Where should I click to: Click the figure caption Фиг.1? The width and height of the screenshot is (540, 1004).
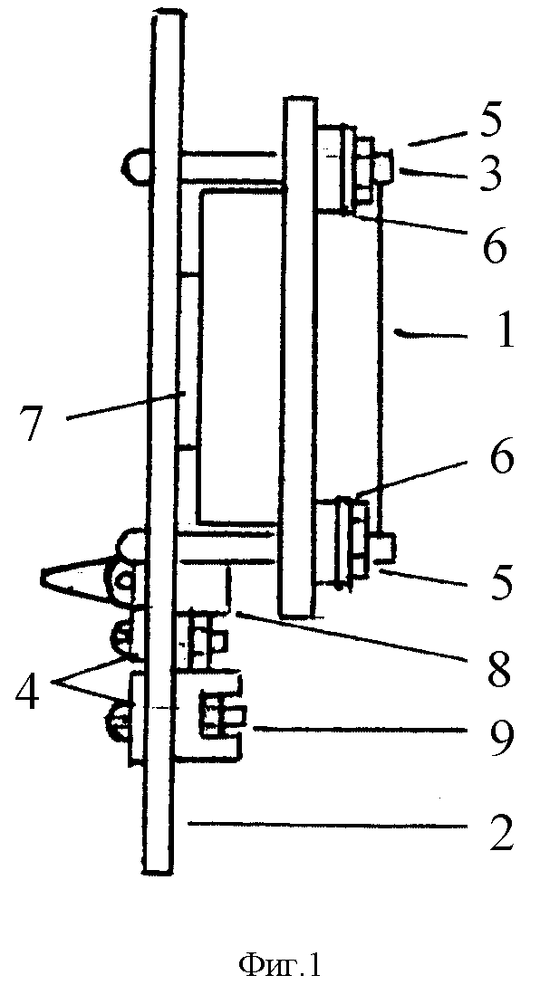[279, 965]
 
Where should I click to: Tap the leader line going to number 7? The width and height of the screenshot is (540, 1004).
[122, 407]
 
